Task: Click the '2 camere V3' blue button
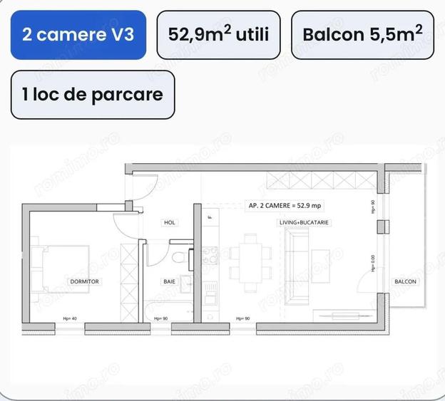click(x=78, y=35)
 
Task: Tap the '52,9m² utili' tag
click(x=218, y=35)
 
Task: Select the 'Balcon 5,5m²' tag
click(x=362, y=35)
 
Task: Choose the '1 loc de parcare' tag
click(x=92, y=95)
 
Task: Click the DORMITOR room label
click(x=85, y=282)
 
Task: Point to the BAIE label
click(x=169, y=282)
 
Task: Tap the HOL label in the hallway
click(x=170, y=223)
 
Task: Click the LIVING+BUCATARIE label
click(x=304, y=223)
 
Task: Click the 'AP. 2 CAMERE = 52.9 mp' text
click(x=285, y=205)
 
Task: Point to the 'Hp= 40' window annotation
click(x=70, y=318)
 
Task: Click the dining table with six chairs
click(x=251, y=263)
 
